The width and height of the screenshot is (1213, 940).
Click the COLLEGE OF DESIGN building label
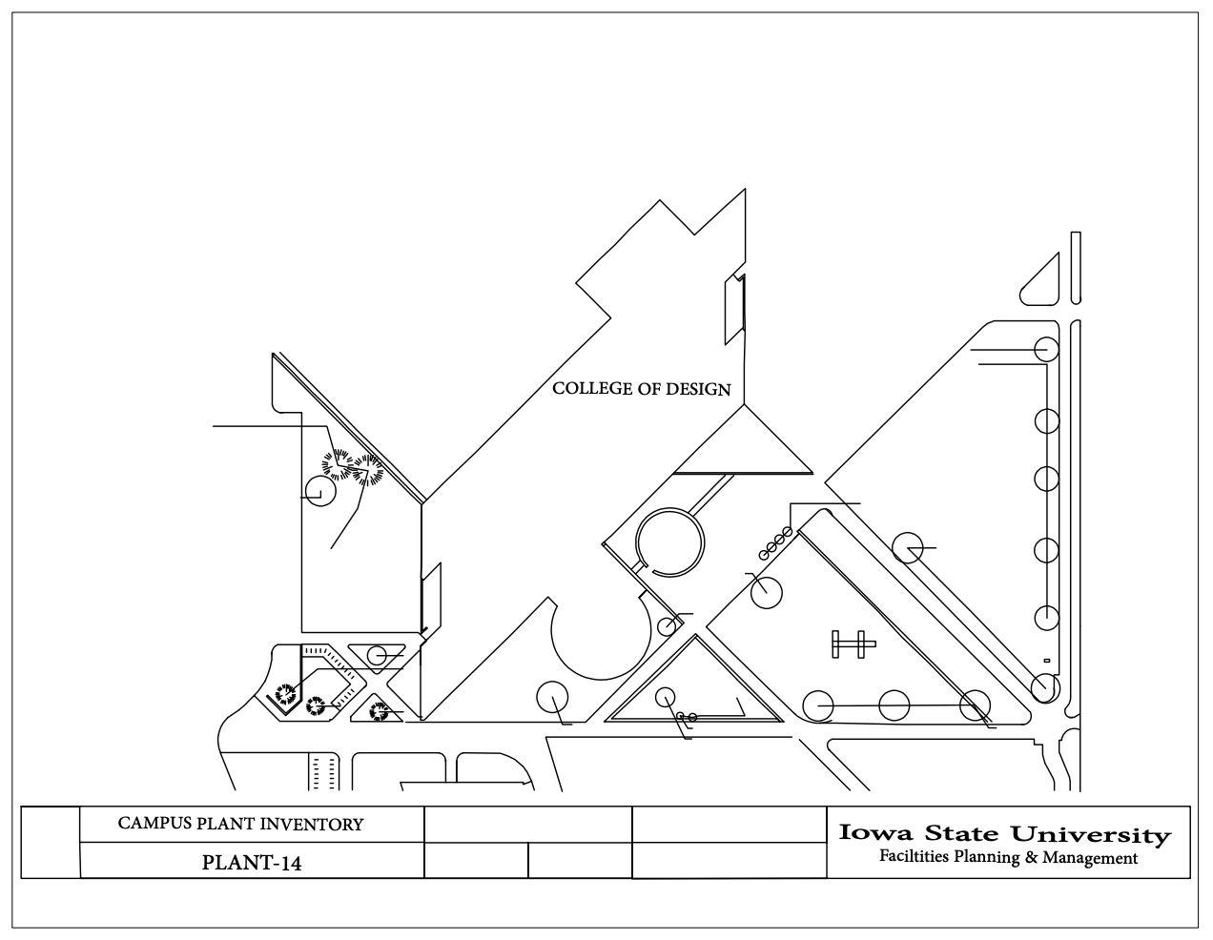coord(642,389)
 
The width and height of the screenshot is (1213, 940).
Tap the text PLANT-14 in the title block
coord(252,864)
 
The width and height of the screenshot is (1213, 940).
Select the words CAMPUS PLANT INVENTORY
coord(240,824)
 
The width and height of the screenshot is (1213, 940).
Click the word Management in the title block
coord(1089,858)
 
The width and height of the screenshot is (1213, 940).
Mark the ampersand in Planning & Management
coord(1030,858)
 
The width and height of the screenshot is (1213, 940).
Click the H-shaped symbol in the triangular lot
coord(853,645)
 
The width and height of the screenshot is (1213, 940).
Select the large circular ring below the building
coord(670,542)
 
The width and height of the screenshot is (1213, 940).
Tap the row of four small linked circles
coord(775,543)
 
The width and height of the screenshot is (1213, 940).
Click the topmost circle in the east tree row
coord(1046,349)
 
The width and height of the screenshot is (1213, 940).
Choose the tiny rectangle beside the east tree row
coord(1046,661)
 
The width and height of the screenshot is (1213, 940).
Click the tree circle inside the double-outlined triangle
coord(666,697)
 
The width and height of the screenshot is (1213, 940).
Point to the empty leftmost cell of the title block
coord(51,843)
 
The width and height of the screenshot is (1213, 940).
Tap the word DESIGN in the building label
coord(698,389)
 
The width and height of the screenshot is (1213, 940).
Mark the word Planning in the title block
coord(988,858)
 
